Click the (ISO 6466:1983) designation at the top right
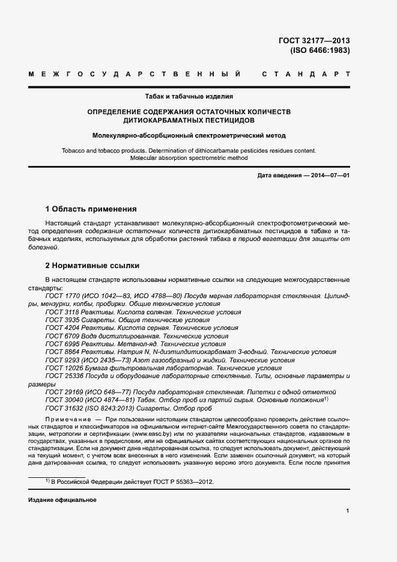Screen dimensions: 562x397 point(320,50)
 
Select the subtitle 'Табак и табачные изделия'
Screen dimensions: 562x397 point(189,96)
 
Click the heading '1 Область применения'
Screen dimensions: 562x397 point(91,209)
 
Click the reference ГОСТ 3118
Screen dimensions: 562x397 point(62,313)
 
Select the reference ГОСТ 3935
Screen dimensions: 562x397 point(62,320)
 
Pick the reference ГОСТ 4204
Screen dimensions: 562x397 point(62,328)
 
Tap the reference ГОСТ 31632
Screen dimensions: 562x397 point(64,408)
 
